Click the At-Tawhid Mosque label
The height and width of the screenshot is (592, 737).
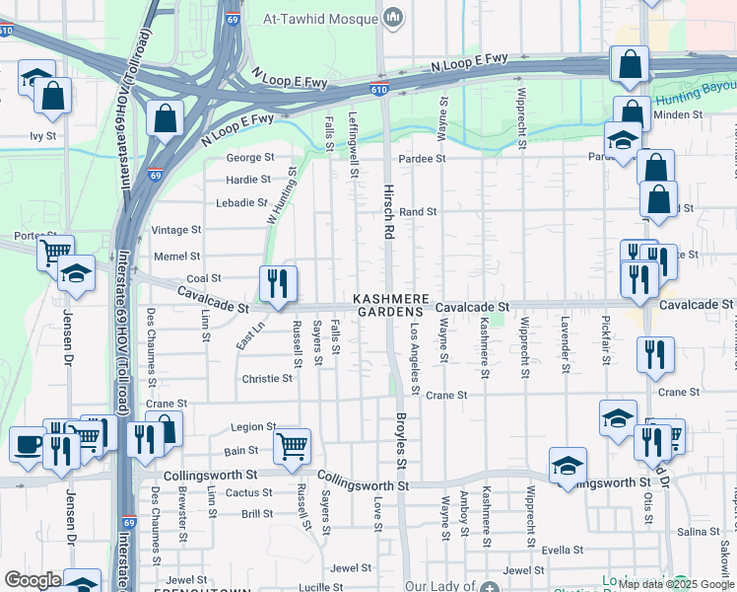coord(322,18)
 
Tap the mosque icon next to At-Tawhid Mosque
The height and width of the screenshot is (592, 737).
coord(394,17)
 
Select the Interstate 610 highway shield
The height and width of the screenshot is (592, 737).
coord(378,89)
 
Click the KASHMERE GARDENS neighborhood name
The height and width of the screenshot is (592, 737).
coord(391,304)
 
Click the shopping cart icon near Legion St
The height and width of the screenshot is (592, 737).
coord(292,446)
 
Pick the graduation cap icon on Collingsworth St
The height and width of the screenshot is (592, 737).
coord(568,466)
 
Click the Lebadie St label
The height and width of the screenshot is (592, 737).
coord(242,203)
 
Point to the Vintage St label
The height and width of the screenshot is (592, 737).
coord(176,230)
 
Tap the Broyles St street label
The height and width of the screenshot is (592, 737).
coord(402,442)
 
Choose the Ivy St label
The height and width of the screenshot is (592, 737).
coord(42,136)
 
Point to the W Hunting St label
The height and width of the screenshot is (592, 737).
coord(281,194)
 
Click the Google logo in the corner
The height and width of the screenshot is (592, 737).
coord(33,580)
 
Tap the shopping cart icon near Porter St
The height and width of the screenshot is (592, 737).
coord(55,252)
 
